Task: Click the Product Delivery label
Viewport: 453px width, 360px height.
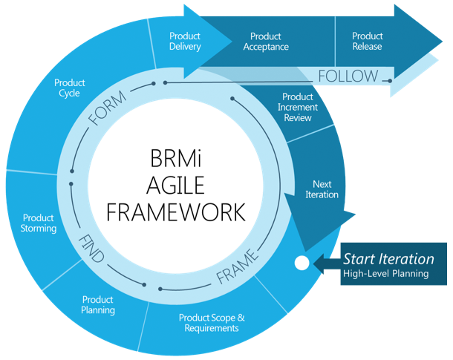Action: [184, 41]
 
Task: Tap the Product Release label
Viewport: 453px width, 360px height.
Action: [367, 41]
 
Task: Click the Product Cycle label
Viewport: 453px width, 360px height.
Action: [70, 88]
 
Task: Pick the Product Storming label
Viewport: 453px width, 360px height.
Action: [39, 223]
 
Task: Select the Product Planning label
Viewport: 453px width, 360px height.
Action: [98, 304]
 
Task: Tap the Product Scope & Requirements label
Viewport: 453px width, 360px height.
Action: [212, 323]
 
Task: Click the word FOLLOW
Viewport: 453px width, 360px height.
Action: [348, 76]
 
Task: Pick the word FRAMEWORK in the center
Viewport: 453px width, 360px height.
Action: [175, 213]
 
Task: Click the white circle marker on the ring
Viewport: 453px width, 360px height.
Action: [301, 263]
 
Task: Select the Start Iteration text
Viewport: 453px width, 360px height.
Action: [388, 259]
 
